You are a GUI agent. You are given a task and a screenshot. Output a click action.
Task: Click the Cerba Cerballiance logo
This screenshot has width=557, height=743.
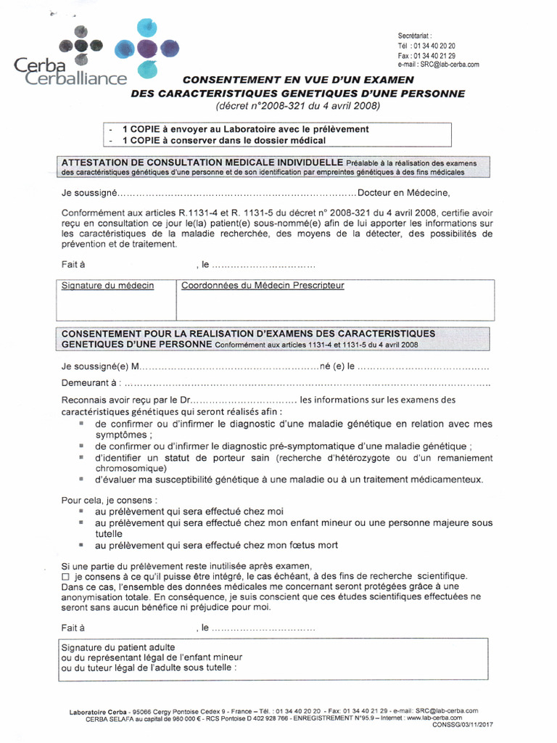94,54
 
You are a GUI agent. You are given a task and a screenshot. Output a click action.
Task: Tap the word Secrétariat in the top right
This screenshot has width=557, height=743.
415,36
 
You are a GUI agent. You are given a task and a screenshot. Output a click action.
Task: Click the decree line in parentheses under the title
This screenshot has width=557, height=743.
297,106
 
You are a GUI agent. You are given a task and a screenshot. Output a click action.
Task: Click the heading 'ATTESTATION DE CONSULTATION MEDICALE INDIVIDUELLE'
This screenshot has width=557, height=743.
202,162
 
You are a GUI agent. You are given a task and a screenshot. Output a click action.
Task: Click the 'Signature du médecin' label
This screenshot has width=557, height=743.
107,286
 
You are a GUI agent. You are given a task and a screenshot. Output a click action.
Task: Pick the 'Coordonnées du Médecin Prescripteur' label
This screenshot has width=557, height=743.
263,286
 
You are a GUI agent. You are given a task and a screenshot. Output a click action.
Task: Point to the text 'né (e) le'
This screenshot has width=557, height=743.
337,368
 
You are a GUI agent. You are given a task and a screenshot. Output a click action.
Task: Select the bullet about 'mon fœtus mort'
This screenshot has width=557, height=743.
216,545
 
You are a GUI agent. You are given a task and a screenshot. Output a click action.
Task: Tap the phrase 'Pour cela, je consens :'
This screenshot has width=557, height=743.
107,500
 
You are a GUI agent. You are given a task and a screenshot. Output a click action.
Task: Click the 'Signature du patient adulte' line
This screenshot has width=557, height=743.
117,646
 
